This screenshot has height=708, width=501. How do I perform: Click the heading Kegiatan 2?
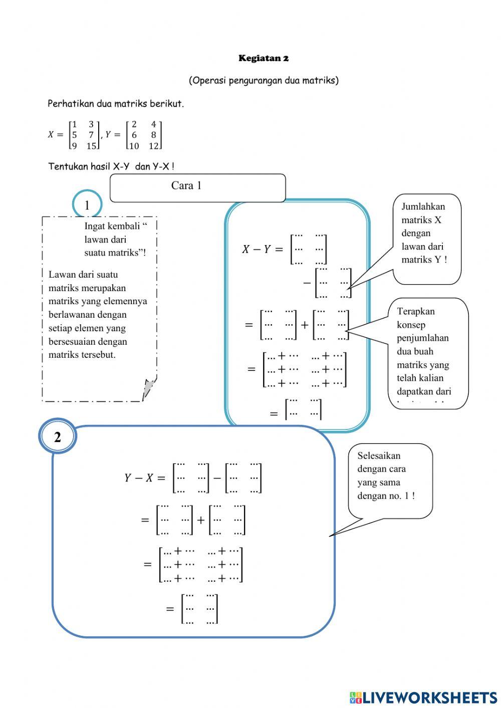point(264,58)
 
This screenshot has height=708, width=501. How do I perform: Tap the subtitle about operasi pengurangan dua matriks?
point(264,80)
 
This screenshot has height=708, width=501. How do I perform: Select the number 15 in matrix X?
point(91,146)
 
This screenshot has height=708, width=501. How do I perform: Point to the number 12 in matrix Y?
point(153,146)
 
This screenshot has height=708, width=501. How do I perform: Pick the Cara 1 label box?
point(197,187)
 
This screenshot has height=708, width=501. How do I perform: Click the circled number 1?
point(87,205)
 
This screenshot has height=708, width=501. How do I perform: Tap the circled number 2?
point(58,437)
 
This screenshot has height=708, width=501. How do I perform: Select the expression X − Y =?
point(263,249)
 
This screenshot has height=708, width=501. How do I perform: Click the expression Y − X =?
point(144,478)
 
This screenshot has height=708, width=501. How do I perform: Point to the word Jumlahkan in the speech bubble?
point(423,206)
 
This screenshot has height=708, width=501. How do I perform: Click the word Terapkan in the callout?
point(415,311)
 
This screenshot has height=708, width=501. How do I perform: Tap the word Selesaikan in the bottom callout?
point(379,456)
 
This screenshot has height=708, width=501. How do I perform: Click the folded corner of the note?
point(149,389)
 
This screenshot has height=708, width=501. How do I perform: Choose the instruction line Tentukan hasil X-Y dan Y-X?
point(111,166)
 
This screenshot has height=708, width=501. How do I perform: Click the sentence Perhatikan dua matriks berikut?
point(115,104)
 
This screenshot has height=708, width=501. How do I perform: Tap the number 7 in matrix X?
point(91,135)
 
